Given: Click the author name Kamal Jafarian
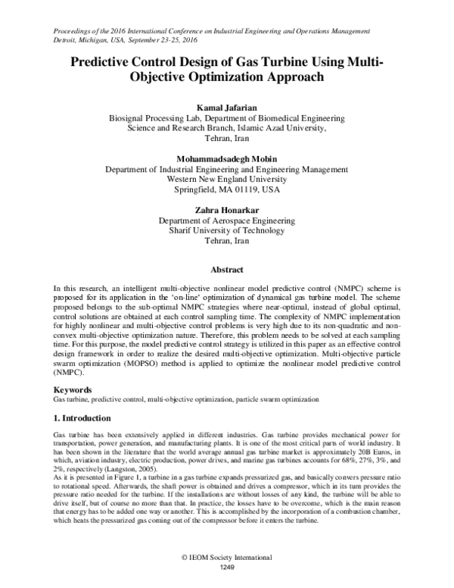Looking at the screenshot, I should click(227, 107).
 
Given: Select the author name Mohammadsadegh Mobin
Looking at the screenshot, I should click(227, 158).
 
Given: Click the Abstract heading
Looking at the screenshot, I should click(227, 269).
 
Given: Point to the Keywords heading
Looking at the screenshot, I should click(74, 388).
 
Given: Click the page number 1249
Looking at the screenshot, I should click(227, 566).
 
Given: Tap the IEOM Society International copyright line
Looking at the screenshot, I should click(227, 557).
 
